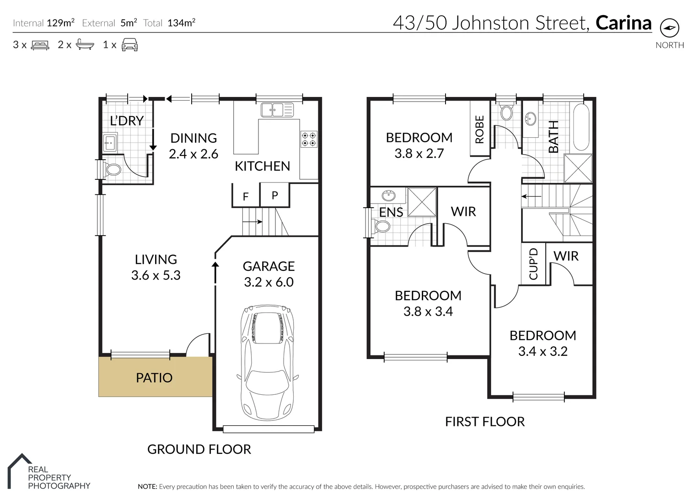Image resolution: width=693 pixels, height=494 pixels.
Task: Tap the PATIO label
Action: pyautogui.click(x=154, y=378)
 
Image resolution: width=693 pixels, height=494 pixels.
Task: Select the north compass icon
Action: pyautogui.click(x=669, y=28)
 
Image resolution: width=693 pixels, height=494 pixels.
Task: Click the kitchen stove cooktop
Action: pyautogui.click(x=309, y=140)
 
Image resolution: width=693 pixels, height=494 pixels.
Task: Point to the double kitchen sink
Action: pyautogui.click(x=277, y=110)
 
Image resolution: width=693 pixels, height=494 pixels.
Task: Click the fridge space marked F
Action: pyautogui.click(x=246, y=196)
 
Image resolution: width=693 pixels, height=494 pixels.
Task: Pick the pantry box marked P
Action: pyautogui.click(x=274, y=195)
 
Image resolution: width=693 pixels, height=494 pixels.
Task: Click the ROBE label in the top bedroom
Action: pyautogui.click(x=479, y=129)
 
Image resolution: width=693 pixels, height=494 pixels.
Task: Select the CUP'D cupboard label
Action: pyautogui.click(x=533, y=264)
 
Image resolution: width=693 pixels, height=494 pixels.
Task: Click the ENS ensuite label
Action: pyautogui.click(x=391, y=212)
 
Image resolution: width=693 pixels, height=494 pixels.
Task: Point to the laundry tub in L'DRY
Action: pyautogui.click(x=110, y=143)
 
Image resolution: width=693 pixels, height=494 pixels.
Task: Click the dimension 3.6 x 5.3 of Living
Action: pyautogui.click(x=156, y=275)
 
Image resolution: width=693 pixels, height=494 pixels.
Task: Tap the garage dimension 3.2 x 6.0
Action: pyautogui.click(x=269, y=282)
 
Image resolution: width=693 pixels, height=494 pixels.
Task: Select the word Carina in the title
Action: pyautogui.click(x=623, y=23)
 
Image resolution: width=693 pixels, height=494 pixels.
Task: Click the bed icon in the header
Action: pyautogui.click(x=40, y=45)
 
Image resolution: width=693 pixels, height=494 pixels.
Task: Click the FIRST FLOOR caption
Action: pyautogui.click(x=484, y=422)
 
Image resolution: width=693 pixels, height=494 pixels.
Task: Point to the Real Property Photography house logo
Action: pyautogui.click(x=19, y=467)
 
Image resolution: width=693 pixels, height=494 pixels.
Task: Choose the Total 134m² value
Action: pyautogui.click(x=181, y=23)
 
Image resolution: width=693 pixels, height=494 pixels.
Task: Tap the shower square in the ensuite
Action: pyautogui.click(x=421, y=202)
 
